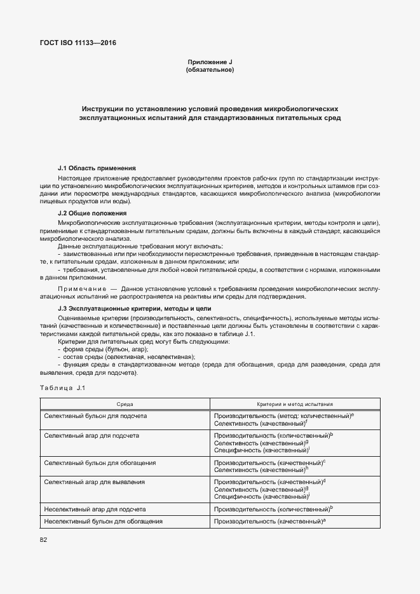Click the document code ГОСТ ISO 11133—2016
79,43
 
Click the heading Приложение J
210,62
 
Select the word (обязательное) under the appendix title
210,70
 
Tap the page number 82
44,539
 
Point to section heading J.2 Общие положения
92,213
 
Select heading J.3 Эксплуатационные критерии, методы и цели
134,307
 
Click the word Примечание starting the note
81,288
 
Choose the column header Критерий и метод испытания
295,404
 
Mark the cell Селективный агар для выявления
94,482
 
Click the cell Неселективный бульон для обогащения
103,521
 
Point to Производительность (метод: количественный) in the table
283,415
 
